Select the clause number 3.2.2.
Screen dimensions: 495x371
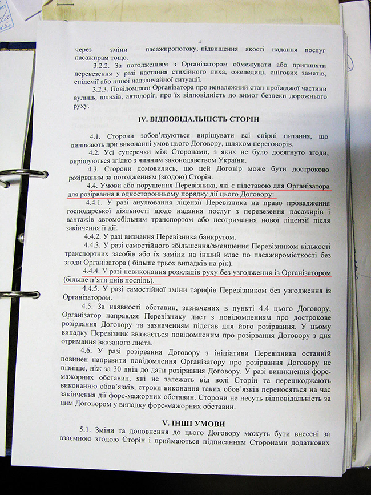click(102, 66)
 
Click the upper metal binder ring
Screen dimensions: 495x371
click(23, 175)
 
